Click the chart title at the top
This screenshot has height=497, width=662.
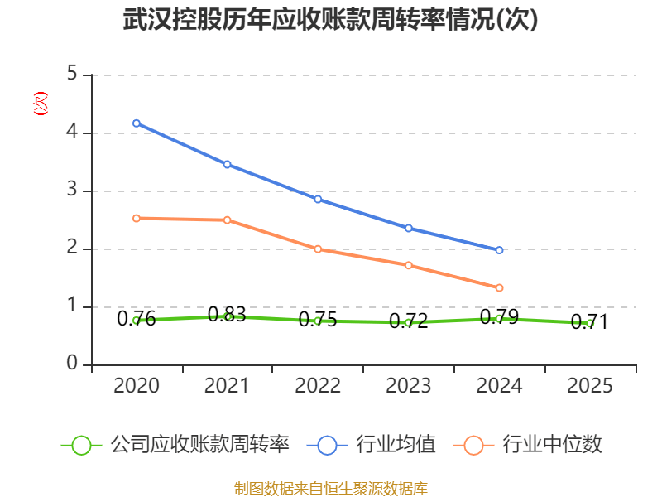click(331, 20)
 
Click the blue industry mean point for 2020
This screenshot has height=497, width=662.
click(137, 123)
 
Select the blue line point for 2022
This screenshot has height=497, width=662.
click(318, 199)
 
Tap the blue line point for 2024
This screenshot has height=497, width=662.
click(500, 250)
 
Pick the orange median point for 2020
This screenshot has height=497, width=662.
click(137, 218)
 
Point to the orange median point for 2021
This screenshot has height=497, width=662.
click(228, 220)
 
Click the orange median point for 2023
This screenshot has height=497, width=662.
click(409, 265)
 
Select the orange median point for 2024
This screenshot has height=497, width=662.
click(500, 287)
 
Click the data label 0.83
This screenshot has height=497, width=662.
click(227, 315)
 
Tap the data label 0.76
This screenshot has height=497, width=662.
click(137, 319)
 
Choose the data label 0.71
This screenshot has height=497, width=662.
click(589, 322)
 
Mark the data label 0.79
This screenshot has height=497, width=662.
click(500, 317)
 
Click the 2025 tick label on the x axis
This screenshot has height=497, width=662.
click(590, 386)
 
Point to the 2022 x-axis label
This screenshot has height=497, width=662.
click(318, 386)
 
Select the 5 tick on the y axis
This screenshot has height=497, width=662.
click(73, 75)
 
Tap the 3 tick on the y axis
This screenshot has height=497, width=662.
click(73, 191)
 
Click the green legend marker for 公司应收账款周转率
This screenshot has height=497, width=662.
click(81, 445)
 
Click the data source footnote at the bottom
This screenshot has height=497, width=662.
click(331, 488)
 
